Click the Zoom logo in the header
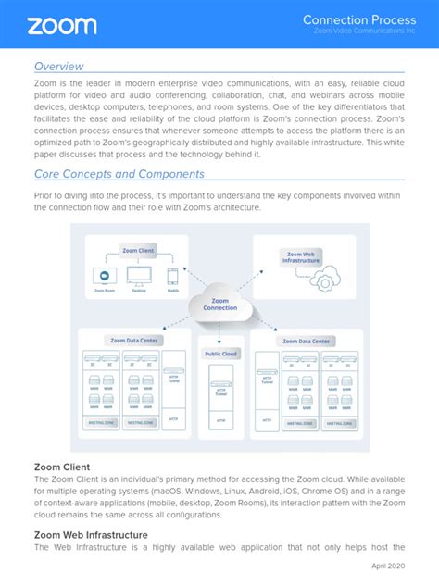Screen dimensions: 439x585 click(62, 25)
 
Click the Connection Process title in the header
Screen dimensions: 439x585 click(359, 19)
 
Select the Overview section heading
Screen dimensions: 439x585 click(58, 67)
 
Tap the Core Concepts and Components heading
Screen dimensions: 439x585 click(119, 174)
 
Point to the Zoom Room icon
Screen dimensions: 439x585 click(105, 276)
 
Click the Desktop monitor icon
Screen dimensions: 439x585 click(139, 276)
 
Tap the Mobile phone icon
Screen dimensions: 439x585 click(173, 276)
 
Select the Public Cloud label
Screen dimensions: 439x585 click(219, 353)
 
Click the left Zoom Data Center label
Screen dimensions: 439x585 click(134, 341)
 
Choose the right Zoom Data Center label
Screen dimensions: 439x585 click(306, 341)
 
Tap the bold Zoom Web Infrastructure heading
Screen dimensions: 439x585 click(91, 534)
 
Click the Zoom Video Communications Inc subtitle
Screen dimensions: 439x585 click(363, 31)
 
